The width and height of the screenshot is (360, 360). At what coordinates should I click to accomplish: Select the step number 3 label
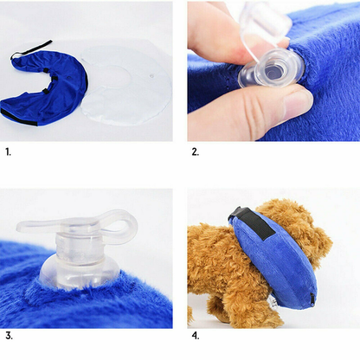(8, 335)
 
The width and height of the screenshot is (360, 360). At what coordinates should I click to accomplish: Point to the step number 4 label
(195, 335)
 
